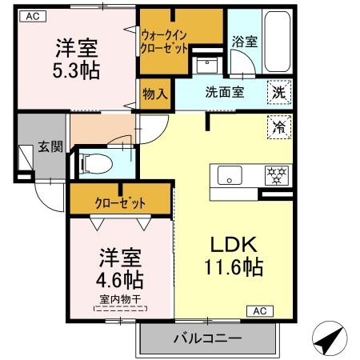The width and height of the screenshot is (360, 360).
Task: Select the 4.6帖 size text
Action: (121, 279)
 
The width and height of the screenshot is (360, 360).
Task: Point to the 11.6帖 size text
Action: (231, 266)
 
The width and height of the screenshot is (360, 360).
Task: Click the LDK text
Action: (231, 243)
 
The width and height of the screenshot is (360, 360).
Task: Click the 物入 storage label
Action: (156, 94)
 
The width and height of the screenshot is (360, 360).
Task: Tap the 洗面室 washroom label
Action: (224, 92)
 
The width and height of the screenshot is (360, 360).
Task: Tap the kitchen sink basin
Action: (227, 175)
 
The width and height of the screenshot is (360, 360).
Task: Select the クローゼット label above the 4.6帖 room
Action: (120, 202)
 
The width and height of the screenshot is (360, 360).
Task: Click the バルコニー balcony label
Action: (207, 339)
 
